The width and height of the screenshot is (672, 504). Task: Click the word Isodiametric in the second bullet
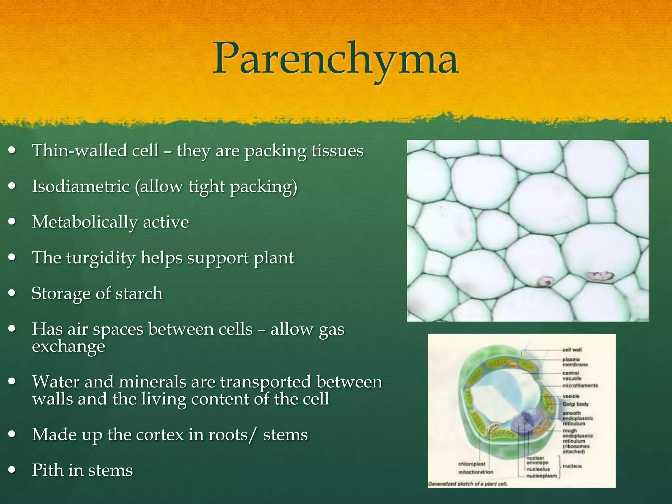(80, 186)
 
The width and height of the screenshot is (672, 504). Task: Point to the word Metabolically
(85, 222)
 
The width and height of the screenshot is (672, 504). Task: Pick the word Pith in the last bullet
(48, 470)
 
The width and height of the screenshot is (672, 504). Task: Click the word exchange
(68, 346)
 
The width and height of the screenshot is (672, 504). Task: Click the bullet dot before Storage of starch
(12, 293)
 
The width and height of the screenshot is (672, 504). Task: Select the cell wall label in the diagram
(572, 350)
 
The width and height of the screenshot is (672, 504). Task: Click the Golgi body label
(575, 404)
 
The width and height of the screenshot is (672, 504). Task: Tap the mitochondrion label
(475, 472)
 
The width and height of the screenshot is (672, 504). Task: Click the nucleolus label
(538, 469)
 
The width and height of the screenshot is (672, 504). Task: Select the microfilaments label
(580, 386)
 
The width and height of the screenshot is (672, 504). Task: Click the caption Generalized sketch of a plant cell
(468, 484)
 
